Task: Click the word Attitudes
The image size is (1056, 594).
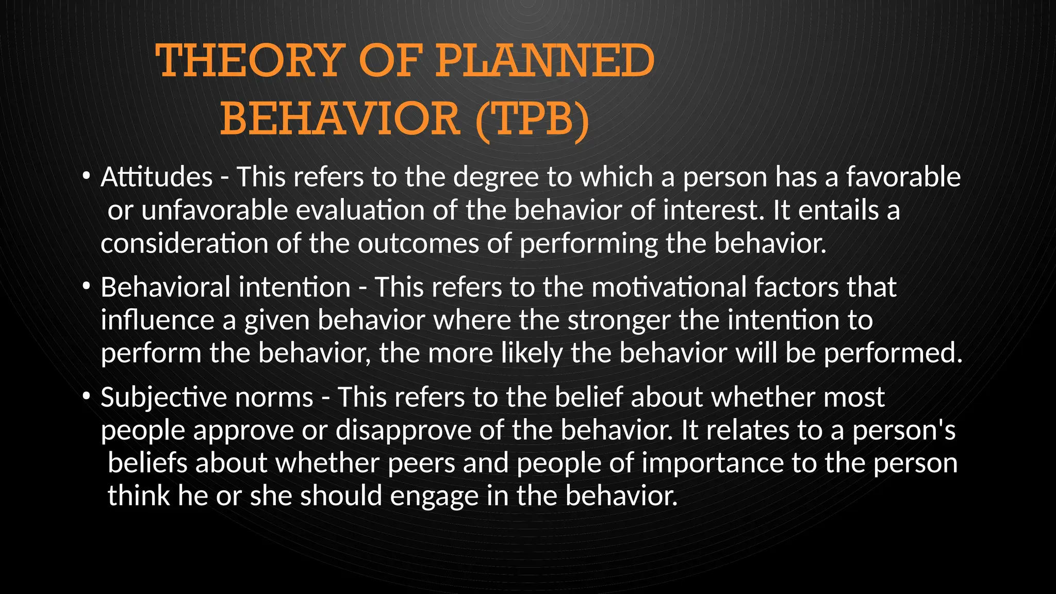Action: (157, 177)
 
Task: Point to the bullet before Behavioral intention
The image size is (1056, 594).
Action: (87, 286)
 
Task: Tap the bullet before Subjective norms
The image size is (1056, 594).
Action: (87, 396)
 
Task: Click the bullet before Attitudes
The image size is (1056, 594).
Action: (87, 176)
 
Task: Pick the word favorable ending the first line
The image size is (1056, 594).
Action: (903, 177)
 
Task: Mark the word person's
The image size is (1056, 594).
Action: (903, 431)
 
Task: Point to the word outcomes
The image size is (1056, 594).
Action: (419, 243)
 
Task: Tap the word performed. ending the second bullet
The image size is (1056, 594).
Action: (893, 354)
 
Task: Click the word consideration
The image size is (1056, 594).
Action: (184, 243)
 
